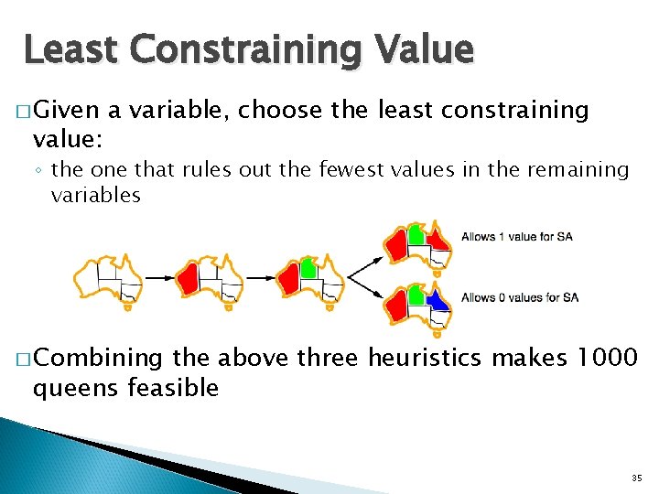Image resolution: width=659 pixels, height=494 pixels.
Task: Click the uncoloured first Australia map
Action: point(109,277)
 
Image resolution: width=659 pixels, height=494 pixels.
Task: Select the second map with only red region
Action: point(210,277)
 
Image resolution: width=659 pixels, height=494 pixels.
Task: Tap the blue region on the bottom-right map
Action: point(437,299)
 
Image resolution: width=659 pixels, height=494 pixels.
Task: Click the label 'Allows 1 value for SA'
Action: point(517,238)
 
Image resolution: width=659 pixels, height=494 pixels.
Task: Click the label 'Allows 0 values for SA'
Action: point(519,297)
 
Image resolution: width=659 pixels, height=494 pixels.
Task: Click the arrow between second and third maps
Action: point(260,276)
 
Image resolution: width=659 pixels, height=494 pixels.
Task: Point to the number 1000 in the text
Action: point(604,357)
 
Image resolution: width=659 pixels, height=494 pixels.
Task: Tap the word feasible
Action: point(174,388)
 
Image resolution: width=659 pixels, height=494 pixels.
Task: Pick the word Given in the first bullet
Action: point(70,111)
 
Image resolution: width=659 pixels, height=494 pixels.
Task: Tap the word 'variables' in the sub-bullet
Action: point(96,195)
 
